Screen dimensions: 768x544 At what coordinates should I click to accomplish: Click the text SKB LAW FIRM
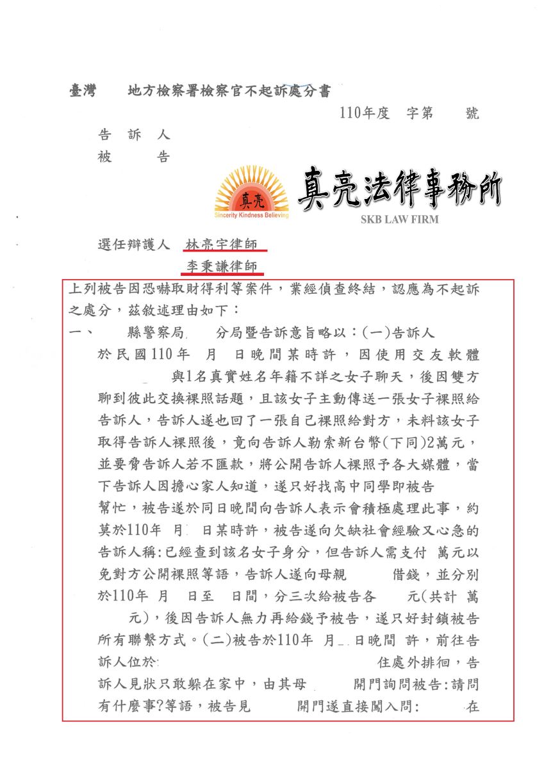pyautogui.click(x=399, y=220)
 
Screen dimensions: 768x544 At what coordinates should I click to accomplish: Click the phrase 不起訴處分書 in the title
pyautogui.click(x=289, y=91)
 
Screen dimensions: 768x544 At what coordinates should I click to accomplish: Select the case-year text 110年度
pyautogui.click(x=365, y=113)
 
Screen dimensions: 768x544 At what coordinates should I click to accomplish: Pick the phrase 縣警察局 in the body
pyautogui.click(x=156, y=333)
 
